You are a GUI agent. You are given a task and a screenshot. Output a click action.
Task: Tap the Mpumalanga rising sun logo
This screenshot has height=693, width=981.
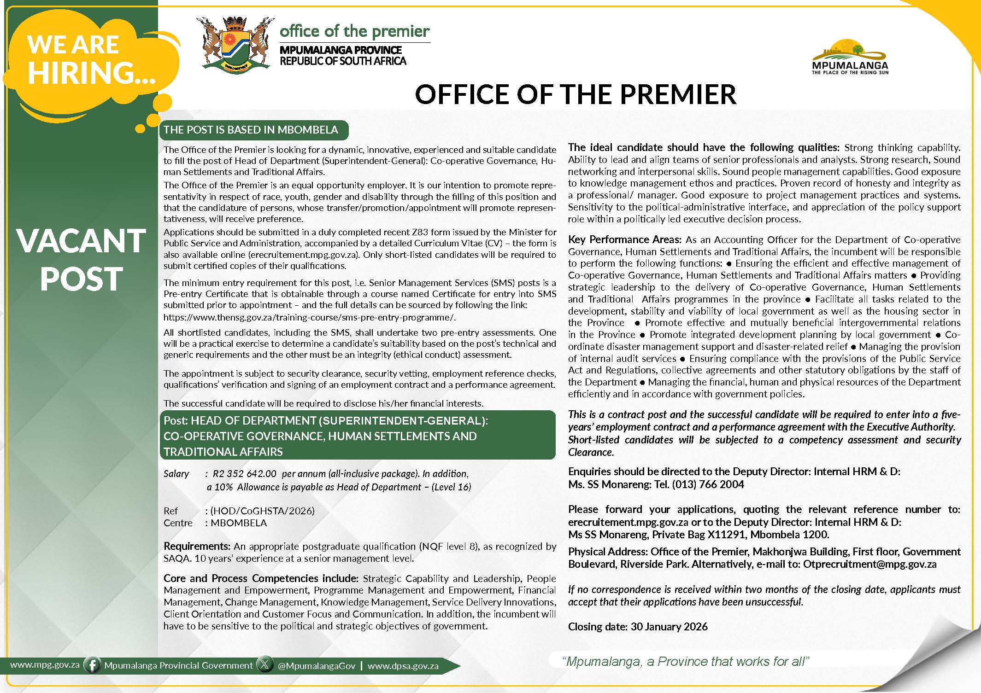pyautogui.click(x=850, y=56)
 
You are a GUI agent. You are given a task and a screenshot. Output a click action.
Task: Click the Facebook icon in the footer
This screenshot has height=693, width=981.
pyautogui.click(x=93, y=665)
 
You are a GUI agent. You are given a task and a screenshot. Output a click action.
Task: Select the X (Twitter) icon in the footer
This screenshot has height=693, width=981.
pyautogui.click(x=264, y=665)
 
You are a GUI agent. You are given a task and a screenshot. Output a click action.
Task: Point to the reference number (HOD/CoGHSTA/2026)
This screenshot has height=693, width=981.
pyautogui.click(x=263, y=511)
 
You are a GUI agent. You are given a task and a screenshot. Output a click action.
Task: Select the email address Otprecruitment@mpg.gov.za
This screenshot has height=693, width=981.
pyautogui.click(x=869, y=564)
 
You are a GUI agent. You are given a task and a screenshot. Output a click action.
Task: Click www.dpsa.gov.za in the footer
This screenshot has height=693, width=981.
pyautogui.click(x=403, y=666)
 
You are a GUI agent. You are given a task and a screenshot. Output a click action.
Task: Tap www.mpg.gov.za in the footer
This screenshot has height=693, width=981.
pyautogui.click(x=45, y=665)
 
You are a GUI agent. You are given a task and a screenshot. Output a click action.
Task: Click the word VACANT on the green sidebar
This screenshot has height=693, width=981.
pyautogui.click(x=81, y=241)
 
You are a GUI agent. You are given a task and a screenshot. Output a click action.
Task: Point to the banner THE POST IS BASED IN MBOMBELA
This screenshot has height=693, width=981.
pyautogui.click(x=251, y=130)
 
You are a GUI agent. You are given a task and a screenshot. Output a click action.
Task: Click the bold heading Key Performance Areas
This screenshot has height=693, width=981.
pyautogui.click(x=624, y=239)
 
